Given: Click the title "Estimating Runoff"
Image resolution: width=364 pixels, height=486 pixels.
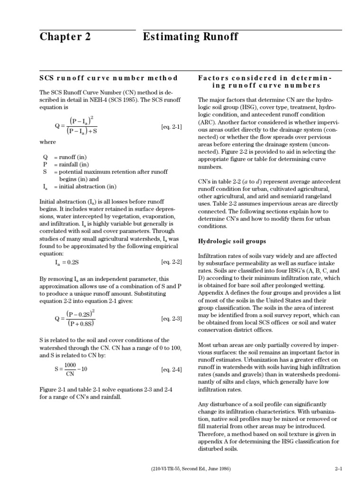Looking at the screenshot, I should pyautogui.click(x=190, y=37).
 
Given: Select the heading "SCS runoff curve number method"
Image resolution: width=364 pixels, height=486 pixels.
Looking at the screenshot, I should pyautogui.click(x=109, y=78).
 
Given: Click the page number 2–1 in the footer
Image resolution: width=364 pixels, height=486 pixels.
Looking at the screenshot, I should pyautogui.click(x=338, y=468).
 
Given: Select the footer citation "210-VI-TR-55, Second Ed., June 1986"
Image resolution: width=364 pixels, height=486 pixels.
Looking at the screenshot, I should pyautogui.click(x=188, y=468).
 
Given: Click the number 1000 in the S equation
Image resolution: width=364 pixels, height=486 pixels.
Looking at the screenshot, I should pyautogui.click(x=70, y=364).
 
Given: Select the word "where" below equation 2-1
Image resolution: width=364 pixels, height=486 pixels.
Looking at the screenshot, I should pyautogui.click(x=47, y=142).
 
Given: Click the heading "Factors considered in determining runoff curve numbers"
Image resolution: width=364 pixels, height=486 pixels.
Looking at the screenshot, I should pyautogui.click(x=265, y=82).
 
